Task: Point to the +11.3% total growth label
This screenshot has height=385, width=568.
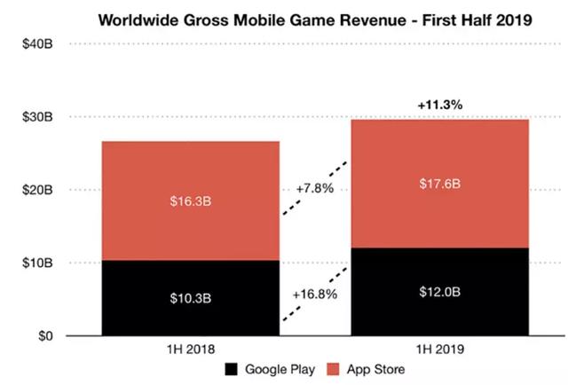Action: coord(441,105)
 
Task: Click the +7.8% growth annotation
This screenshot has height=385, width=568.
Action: coord(316,188)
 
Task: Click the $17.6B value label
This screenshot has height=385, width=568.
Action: coord(440,184)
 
